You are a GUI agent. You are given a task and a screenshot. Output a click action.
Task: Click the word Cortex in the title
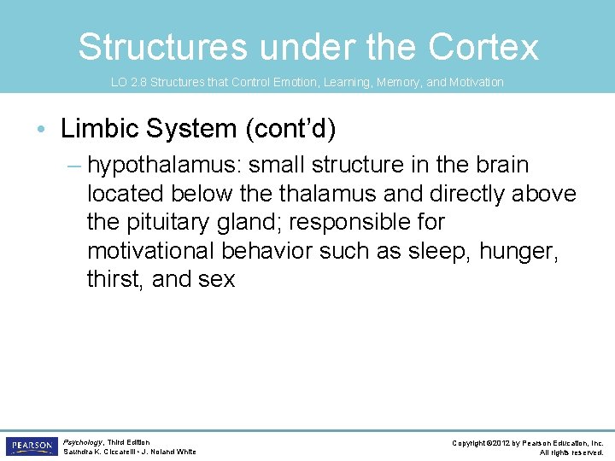click(x=483, y=47)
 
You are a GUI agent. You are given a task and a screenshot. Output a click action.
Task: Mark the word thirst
click(x=114, y=279)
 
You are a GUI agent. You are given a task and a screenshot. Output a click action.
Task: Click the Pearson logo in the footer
click(x=30, y=446)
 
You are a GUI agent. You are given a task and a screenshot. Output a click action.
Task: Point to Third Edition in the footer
click(x=129, y=442)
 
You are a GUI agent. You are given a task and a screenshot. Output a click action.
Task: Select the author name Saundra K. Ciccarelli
click(x=97, y=452)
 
